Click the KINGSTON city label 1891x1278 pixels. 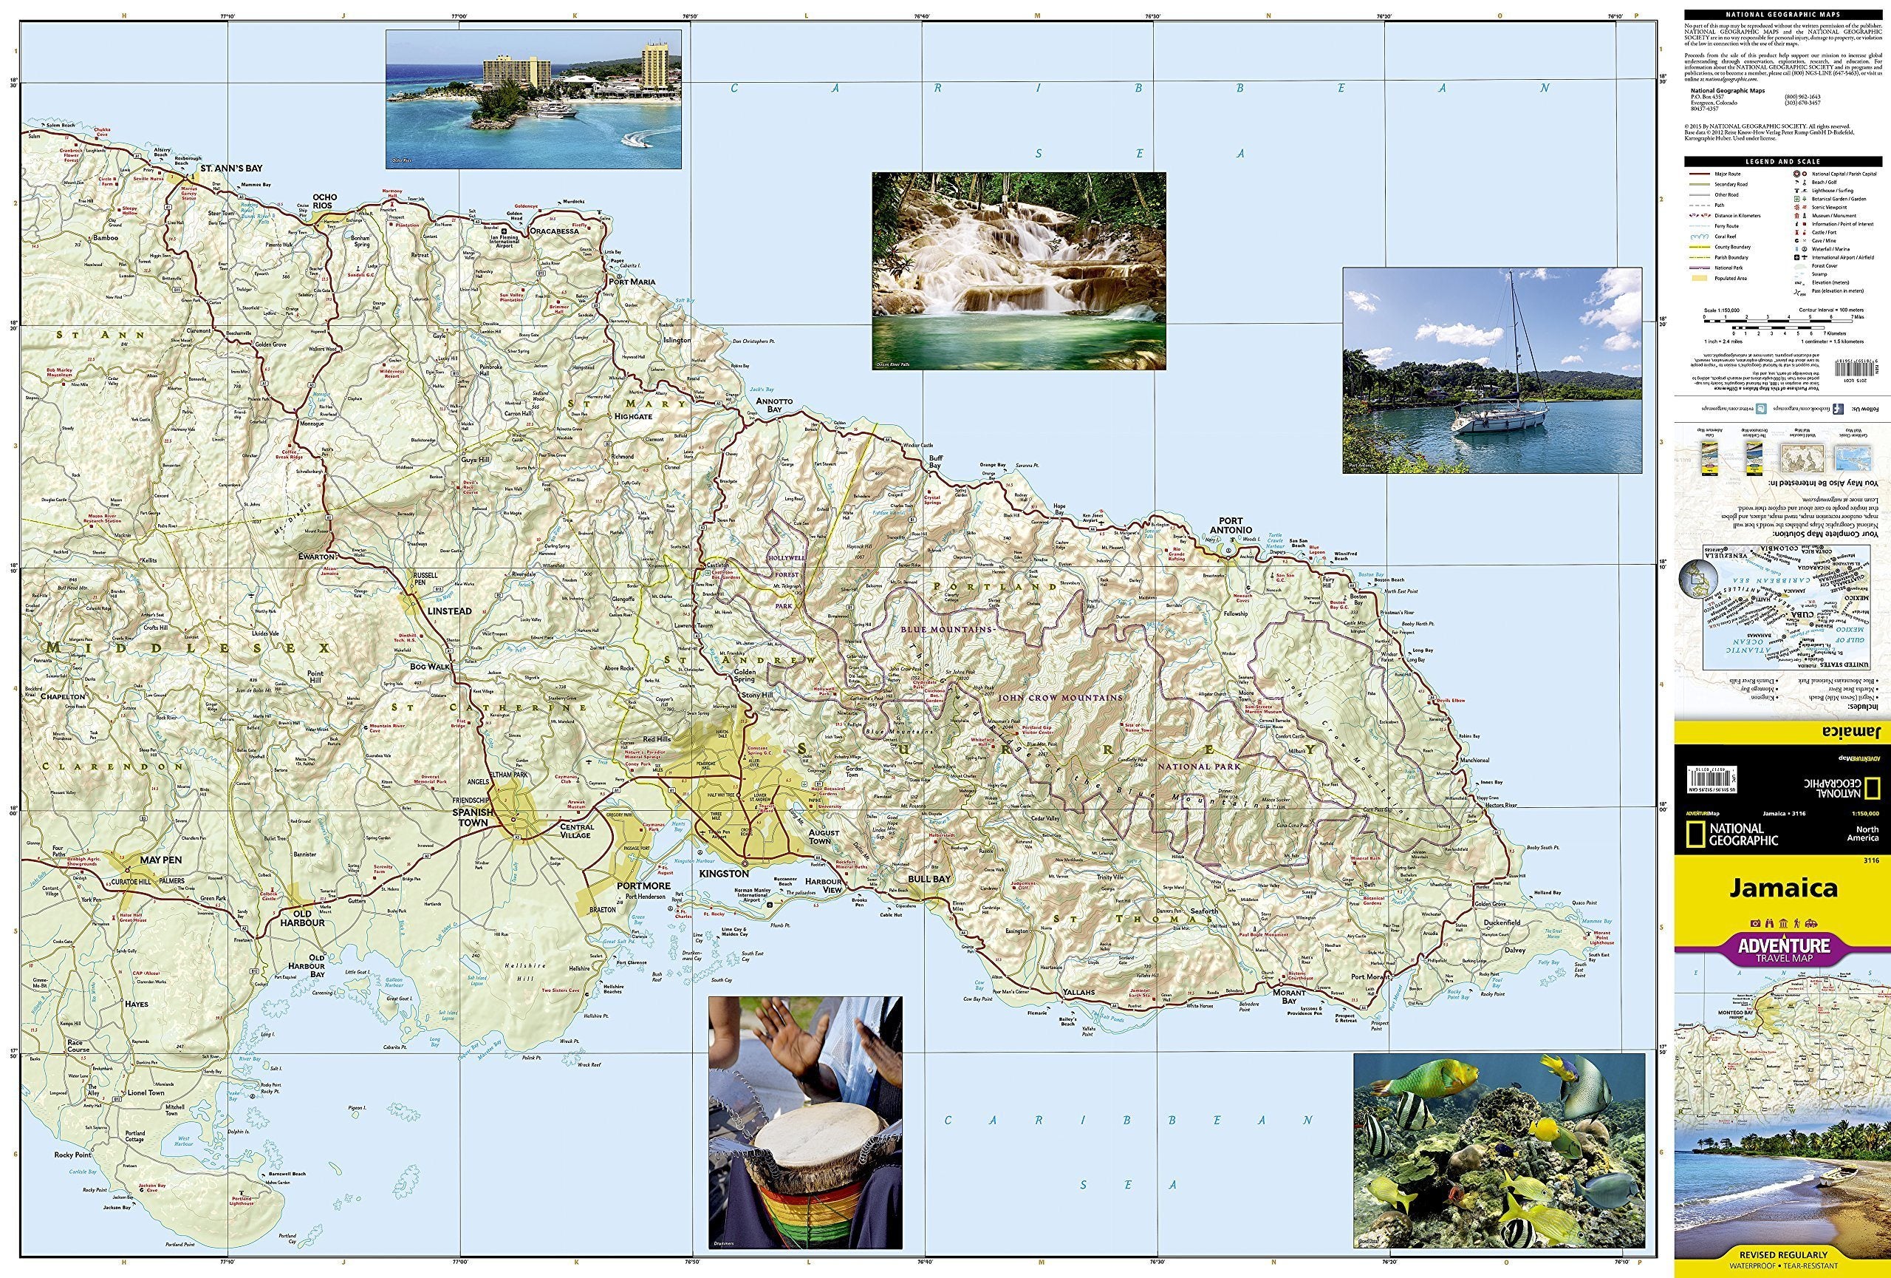723,874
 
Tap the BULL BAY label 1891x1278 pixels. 929,879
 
